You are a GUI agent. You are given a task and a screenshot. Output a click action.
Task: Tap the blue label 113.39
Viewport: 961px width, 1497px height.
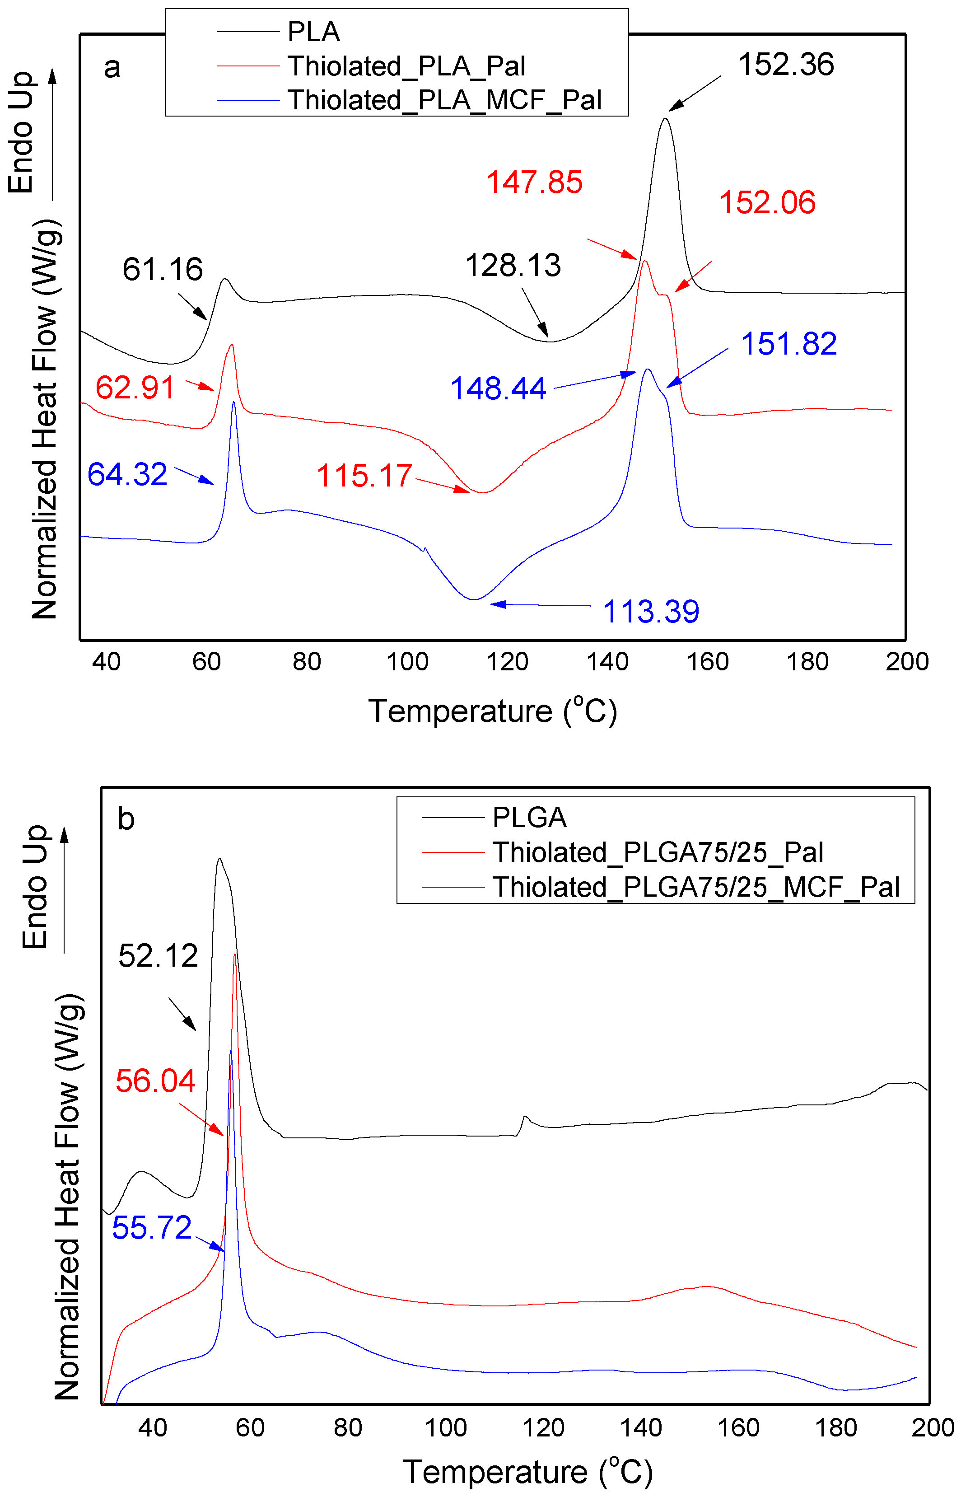click(x=650, y=612)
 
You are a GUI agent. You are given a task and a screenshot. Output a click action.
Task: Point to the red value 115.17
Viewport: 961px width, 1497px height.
click(x=364, y=476)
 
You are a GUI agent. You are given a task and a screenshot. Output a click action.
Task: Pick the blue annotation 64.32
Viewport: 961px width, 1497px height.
click(x=127, y=474)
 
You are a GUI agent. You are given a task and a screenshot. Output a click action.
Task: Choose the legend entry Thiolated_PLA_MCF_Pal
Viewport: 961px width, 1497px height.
click(x=444, y=100)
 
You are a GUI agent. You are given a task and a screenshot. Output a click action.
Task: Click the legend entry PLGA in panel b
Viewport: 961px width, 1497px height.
click(x=529, y=818)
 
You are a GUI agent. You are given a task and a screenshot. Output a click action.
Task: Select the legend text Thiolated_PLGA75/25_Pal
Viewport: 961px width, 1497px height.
click(x=658, y=852)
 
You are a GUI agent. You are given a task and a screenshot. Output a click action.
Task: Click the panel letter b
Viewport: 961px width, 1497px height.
click(x=126, y=819)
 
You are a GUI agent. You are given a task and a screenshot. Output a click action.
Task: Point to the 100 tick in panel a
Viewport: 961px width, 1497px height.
click(x=407, y=661)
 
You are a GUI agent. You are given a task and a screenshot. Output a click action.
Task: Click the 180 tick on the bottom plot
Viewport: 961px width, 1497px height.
click(x=835, y=1428)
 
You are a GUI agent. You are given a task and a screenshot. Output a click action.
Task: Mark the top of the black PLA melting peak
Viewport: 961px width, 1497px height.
click(x=665, y=118)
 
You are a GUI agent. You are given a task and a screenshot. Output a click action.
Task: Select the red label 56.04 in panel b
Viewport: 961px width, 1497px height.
click(x=155, y=1081)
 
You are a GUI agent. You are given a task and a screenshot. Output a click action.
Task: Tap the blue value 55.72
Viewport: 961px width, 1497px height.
click(x=152, y=1228)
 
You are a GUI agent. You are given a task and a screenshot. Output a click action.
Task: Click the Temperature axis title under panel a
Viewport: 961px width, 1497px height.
click(x=492, y=711)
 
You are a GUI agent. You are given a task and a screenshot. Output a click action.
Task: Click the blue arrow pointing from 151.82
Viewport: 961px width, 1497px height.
click(x=696, y=368)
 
